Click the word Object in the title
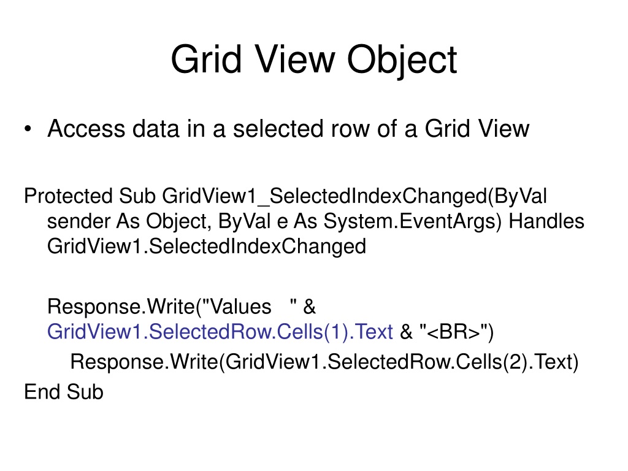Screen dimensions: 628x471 402,60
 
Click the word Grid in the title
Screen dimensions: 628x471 206,59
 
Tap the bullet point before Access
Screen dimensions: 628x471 28,129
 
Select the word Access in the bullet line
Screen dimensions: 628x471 86,129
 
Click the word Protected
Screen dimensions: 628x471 68,196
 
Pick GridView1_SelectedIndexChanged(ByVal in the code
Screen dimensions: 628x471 354,196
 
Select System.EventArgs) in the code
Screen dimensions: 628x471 413,221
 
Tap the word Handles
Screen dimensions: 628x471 546,221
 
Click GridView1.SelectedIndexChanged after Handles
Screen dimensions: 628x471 207,247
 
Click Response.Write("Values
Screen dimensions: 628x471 159,307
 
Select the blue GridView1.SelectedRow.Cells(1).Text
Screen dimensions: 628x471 220,332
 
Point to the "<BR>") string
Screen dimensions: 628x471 456,332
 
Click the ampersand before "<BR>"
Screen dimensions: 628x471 406,332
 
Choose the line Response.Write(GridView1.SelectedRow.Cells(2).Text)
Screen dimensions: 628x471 324,362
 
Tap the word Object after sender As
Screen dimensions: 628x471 178,221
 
